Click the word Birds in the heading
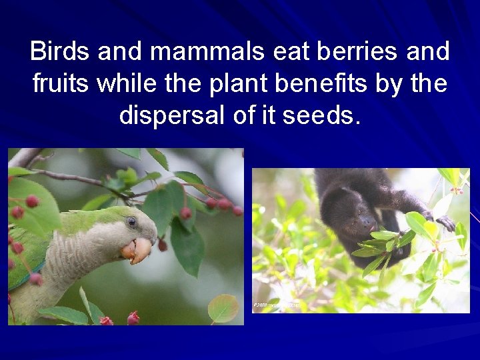pos(61,51)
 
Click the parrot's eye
pos(132,221)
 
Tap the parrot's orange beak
pos(137,250)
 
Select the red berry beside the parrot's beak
pos(162,245)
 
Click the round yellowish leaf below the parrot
pos(223,308)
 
